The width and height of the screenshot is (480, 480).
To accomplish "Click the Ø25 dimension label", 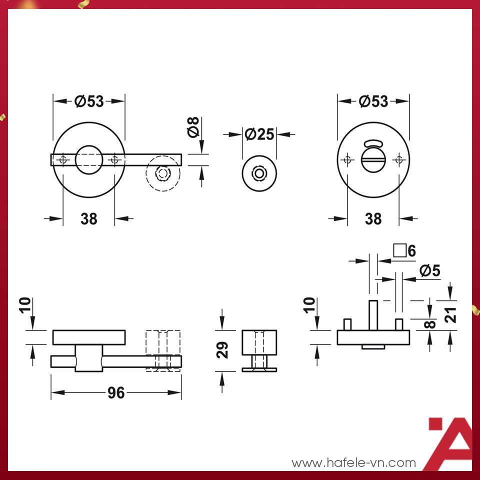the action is [x=259, y=134].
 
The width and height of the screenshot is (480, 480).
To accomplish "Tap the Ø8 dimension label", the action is [x=193, y=127].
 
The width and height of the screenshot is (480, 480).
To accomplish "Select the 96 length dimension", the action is [x=116, y=393].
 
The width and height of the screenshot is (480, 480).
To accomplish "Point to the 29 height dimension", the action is [x=222, y=350].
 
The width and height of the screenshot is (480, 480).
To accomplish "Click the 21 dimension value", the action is [x=450, y=315].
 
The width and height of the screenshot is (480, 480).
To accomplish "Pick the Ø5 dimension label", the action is [x=430, y=270].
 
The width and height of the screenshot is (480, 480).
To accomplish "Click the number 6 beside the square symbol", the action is [x=411, y=251].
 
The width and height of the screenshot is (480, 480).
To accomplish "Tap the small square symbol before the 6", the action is [x=400, y=250].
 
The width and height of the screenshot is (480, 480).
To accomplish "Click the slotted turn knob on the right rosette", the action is [x=373, y=160].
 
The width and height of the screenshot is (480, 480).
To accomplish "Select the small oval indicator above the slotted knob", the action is [x=373, y=143].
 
